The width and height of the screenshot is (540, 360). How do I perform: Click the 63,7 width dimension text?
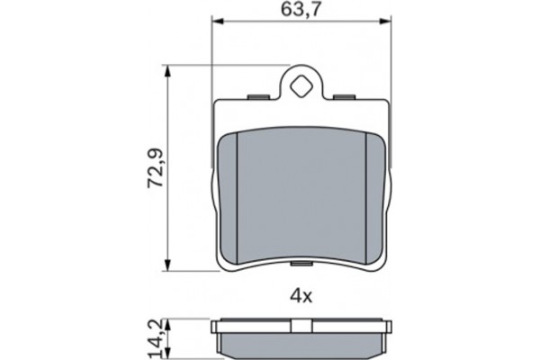[301, 11]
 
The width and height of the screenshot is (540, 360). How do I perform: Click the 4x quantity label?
[301, 294]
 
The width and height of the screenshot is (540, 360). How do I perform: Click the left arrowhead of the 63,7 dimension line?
[216, 24]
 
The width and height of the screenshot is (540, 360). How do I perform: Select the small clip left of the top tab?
[258, 96]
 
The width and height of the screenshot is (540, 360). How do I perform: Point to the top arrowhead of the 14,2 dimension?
[168, 318]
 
